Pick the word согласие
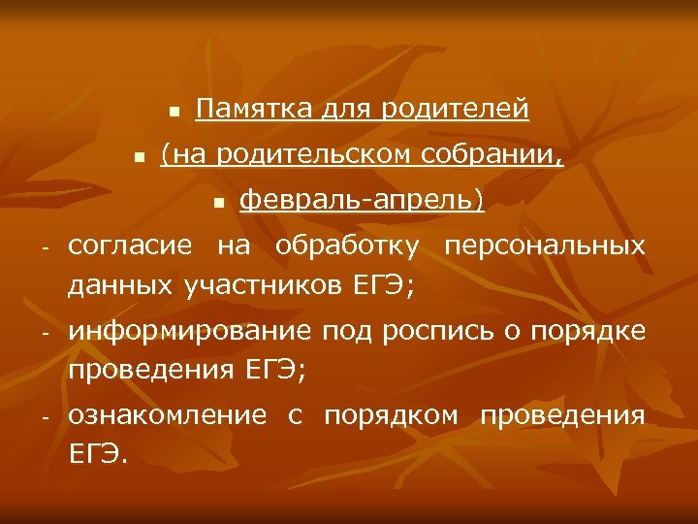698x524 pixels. point(133,246)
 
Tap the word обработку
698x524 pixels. point(348,246)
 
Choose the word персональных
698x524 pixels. point(544,246)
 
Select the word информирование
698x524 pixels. point(190,332)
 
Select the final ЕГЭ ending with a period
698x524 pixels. point(98,454)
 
